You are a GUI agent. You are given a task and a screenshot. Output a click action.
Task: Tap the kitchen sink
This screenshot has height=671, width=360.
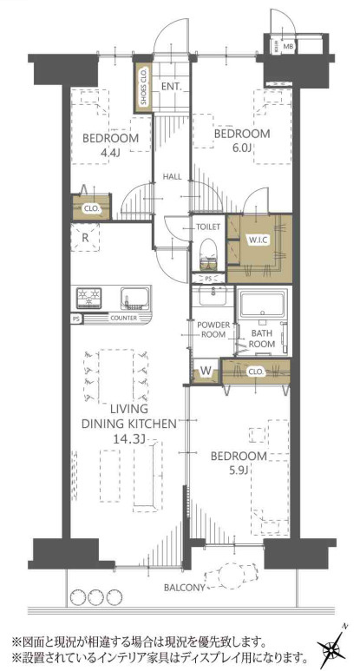tap(134, 298)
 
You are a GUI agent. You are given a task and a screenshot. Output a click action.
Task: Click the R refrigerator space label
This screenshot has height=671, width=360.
tap(85, 238)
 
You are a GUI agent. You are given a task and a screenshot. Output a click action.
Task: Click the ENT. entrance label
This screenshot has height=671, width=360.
tap(172, 86)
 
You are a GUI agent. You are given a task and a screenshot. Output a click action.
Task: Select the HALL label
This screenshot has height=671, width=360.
tap(173, 176)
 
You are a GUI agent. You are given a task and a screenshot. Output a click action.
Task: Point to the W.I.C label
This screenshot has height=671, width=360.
tap(258, 240)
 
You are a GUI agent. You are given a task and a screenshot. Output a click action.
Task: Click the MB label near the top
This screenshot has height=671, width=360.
tap(289, 46)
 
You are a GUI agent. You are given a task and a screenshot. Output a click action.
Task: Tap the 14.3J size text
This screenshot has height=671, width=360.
tap(128, 438)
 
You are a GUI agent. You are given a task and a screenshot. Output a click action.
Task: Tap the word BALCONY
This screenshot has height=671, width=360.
tap(185, 588)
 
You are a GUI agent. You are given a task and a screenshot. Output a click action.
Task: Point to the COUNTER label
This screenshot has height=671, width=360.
tap(123, 318)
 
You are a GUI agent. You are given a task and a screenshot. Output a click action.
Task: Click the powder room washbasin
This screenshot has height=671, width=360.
tap(213, 296)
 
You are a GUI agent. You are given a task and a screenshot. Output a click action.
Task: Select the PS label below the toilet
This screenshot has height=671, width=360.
tap(208, 278)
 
